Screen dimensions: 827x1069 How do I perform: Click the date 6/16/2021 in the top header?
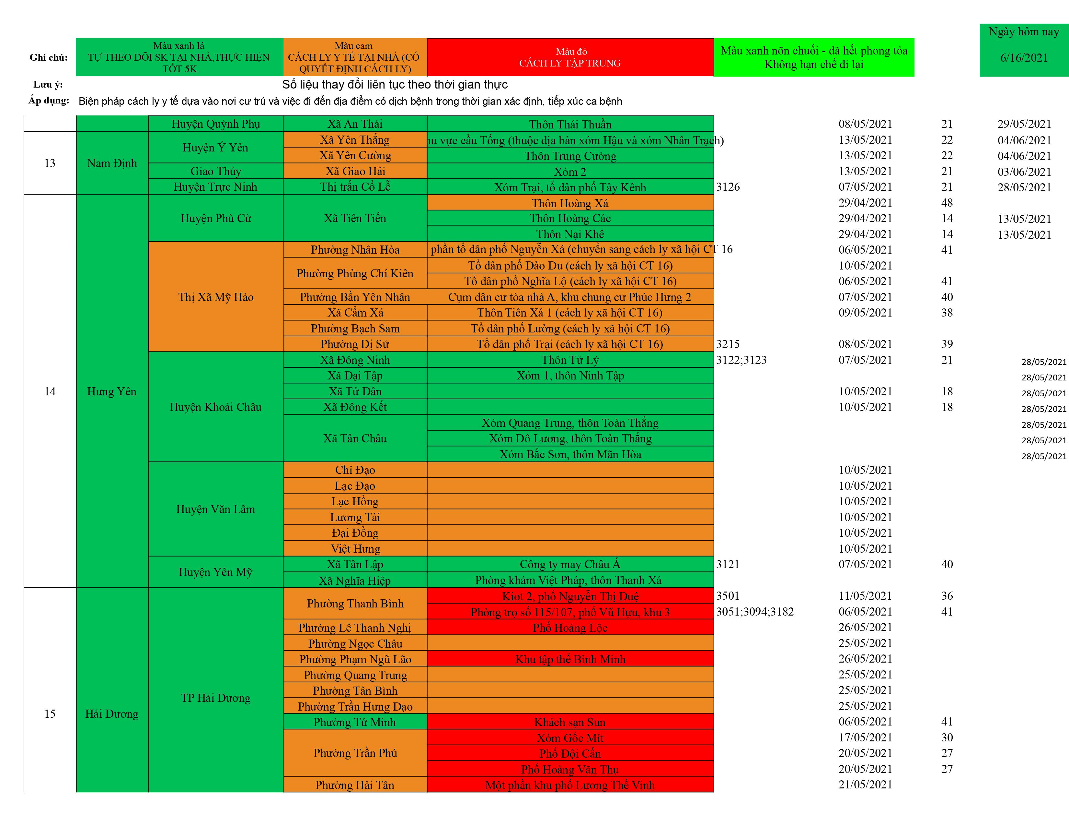pyautogui.click(x=1024, y=58)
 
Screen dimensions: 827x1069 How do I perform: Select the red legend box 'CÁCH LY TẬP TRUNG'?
pyautogui.click(x=570, y=57)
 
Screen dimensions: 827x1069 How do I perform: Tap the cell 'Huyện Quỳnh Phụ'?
pyautogui.click(x=215, y=124)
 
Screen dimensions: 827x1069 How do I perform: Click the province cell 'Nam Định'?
pyautogui.click(x=112, y=163)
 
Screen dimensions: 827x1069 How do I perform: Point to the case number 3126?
pyautogui.click(x=728, y=187)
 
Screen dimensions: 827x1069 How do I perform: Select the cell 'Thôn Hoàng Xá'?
pyautogui.click(x=570, y=203)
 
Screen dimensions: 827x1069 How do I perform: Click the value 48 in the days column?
pyautogui.click(x=947, y=203)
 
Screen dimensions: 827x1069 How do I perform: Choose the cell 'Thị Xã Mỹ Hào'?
pyautogui.click(x=215, y=297)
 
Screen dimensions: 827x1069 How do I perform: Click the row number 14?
pyautogui.click(x=50, y=391)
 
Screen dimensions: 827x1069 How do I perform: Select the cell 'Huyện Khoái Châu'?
pyautogui.click(x=215, y=407)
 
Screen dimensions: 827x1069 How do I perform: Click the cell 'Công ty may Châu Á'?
pyautogui.click(x=570, y=564)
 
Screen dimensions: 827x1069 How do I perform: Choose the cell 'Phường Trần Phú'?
pyautogui.click(x=355, y=753)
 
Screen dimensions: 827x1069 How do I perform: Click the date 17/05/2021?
pyautogui.click(x=865, y=737)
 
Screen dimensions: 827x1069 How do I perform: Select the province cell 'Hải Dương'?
pyautogui.click(x=112, y=714)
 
